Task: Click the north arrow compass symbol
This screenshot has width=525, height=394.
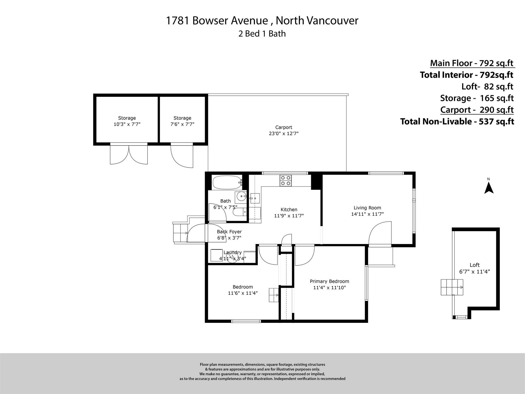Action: [x=489, y=188]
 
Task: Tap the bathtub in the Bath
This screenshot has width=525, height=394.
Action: [x=227, y=182]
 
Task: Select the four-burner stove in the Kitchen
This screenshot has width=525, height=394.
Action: [x=286, y=181]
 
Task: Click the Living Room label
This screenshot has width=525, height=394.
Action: [x=367, y=208]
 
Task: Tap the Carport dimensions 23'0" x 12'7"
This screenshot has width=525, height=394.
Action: [x=284, y=134]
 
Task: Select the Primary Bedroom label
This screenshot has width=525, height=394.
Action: [x=329, y=281]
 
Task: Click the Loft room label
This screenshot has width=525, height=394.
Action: [x=475, y=265]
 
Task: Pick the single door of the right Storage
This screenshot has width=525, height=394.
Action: [x=182, y=155]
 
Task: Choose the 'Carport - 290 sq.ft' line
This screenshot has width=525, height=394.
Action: [x=477, y=110]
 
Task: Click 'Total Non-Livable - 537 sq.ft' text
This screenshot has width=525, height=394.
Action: [x=457, y=121]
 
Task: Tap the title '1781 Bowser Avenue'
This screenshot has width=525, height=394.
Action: [x=217, y=21]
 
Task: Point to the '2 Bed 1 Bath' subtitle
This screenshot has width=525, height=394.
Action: [x=262, y=34]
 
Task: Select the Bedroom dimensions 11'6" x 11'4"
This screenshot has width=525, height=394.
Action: [x=243, y=293]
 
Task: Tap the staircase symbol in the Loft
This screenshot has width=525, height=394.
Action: [x=452, y=287]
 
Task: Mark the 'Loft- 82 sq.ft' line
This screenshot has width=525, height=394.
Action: [x=487, y=86]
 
